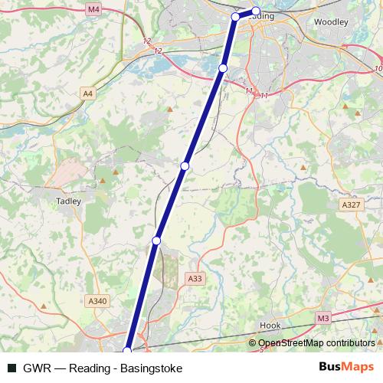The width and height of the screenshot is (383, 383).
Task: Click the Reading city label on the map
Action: tap(263, 15)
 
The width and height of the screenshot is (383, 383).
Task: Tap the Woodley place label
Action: tap(331, 22)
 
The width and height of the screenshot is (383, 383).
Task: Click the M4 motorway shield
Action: tap(93, 9)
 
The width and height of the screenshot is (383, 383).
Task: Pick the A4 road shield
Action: tap(88, 93)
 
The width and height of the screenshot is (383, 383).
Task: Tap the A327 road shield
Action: tap(352, 205)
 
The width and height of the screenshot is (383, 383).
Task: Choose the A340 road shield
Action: tap(97, 301)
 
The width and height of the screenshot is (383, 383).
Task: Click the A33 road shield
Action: tap(195, 280)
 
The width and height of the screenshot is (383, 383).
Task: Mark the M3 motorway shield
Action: tap(322, 317)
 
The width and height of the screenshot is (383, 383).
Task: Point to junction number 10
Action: tap(378, 69)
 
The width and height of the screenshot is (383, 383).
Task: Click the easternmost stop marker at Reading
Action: tap(257, 11)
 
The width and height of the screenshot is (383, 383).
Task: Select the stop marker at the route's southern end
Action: tap(127, 352)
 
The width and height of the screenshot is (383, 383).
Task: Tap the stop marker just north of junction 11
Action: tap(223, 68)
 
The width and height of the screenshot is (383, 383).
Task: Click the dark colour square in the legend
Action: tap(11, 368)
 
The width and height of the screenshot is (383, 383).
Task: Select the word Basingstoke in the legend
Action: tap(151, 368)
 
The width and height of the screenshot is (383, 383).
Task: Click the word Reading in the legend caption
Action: tap(96, 368)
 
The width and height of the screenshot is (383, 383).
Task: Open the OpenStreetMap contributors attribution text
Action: tap(316, 343)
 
